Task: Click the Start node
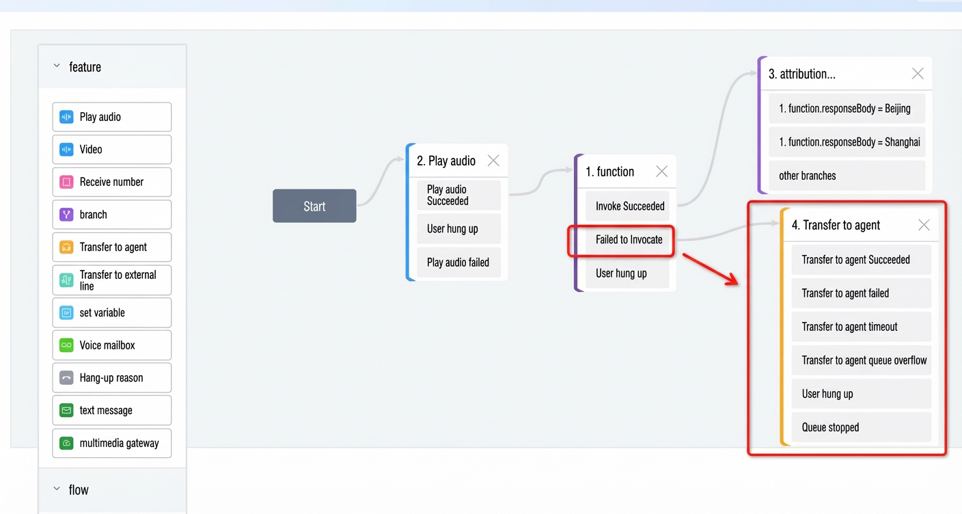314,206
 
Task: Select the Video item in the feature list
111,150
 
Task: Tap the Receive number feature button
111,182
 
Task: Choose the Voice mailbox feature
111,345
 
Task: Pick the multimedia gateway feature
111,443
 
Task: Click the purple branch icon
66,215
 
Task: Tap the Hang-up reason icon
66,378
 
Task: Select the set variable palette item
111,312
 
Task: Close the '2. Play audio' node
493,161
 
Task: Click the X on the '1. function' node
662,172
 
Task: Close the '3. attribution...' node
918,74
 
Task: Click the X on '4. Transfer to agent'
924,225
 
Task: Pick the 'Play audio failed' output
458,262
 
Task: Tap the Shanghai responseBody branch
847,142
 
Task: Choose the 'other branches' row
847,176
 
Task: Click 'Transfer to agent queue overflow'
862,361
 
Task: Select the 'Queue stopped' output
862,428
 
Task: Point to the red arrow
711,269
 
